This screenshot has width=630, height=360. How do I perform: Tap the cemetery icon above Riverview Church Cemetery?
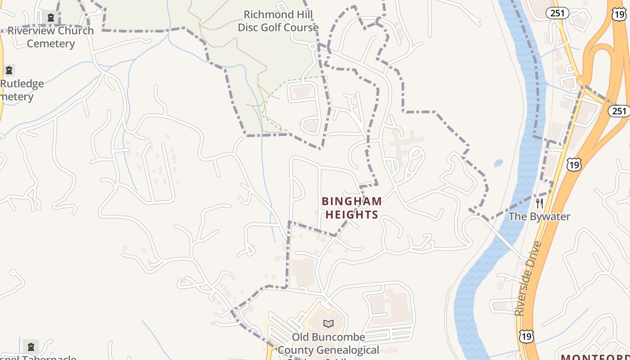click(x=51, y=18)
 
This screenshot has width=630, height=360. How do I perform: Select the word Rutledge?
click(x=22, y=84)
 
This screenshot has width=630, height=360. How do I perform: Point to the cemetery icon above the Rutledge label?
click(x=9, y=70)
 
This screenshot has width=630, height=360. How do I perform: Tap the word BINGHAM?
click(x=352, y=201)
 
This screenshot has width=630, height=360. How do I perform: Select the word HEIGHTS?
click(x=352, y=215)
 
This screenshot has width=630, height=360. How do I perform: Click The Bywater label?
click(x=539, y=216)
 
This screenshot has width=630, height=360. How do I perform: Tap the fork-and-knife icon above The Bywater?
click(x=540, y=203)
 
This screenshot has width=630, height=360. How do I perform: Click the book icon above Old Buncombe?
click(x=328, y=324)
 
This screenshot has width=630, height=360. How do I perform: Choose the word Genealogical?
click(x=348, y=350)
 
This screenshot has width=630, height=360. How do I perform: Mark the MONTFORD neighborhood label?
click(x=595, y=357)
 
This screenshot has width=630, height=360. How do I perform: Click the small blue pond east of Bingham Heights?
click(x=499, y=163)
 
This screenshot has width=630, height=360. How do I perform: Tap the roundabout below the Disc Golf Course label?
click(x=313, y=45)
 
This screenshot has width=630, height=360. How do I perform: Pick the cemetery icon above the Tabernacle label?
click(x=31, y=347)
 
